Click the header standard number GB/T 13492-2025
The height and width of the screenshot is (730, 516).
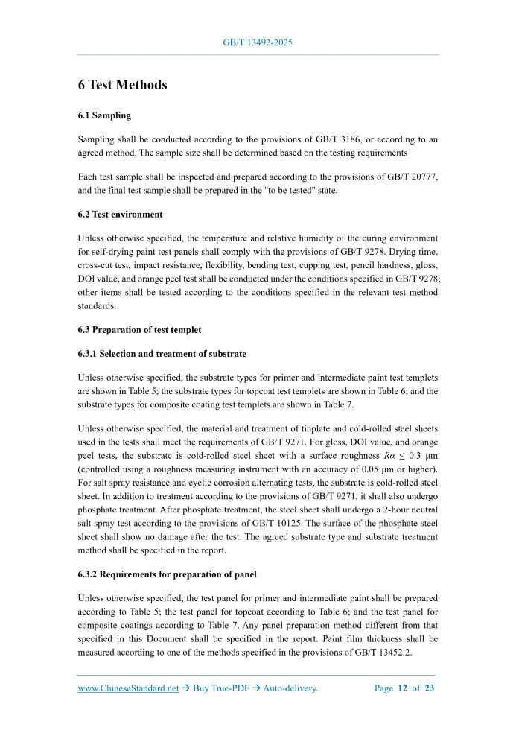[258, 42]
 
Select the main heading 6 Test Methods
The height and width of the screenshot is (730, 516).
[122, 85]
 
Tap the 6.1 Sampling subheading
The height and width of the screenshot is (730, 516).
[104, 116]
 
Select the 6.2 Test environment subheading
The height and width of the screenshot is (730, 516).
[120, 215]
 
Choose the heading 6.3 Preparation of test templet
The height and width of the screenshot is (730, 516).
[139, 329]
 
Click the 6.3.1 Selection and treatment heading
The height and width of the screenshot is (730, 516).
[162, 353]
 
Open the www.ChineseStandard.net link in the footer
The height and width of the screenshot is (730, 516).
[128, 688]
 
